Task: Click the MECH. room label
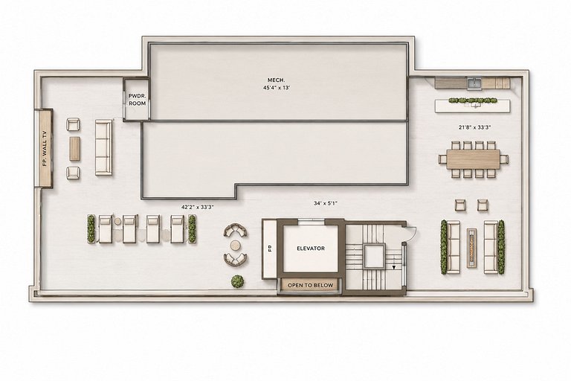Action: [x=277, y=80]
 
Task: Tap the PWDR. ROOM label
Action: [x=137, y=100]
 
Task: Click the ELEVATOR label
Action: [x=311, y=249]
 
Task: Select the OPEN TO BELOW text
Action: [x=310, y=285]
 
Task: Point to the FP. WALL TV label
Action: [x=45, y=148]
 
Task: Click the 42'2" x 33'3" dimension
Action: [x=197, y=207]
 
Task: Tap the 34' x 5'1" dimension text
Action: [x=326, y=203]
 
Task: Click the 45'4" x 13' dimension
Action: [x=277, y=88]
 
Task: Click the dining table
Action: [x=474, y=159]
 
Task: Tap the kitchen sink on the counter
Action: [x=474, y=83]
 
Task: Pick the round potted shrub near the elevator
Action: [x=237, y=281]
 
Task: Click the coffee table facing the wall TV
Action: [x=74, y=148]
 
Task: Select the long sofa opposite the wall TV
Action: [x=104, y=147]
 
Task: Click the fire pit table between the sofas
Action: [x=472, y=248]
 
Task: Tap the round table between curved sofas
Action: [x=235, y=245]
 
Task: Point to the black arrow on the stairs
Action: [x=393, y=267]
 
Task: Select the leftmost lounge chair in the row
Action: [x=106, y=229]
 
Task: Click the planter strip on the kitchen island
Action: [x=473, y=100]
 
